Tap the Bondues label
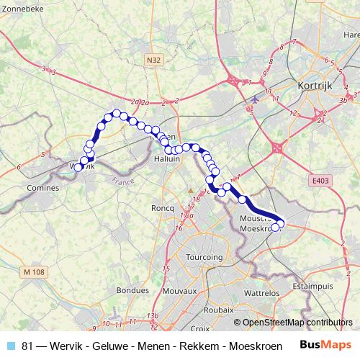(133, 291)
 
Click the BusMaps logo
(325, 345)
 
